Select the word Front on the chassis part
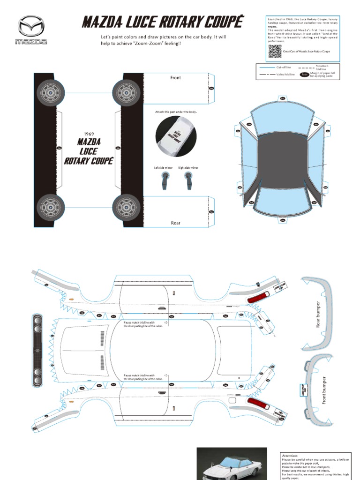tap(175, 78)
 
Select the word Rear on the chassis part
tap(175, 223)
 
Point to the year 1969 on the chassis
tap(89, 134)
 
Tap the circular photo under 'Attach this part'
tap(176, 136)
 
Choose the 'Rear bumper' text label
tap(319, 314)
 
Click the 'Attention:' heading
tap(290, 455)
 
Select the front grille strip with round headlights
tap(37, 351)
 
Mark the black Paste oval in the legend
tap(305, 74)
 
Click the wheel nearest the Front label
tap(127, 92)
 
